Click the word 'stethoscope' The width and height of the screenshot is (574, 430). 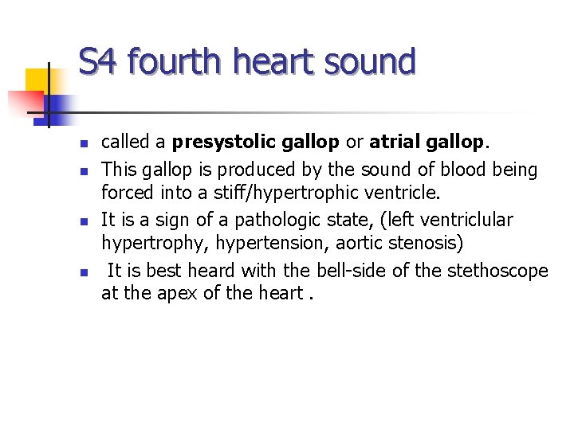click(x=501, y=271)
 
